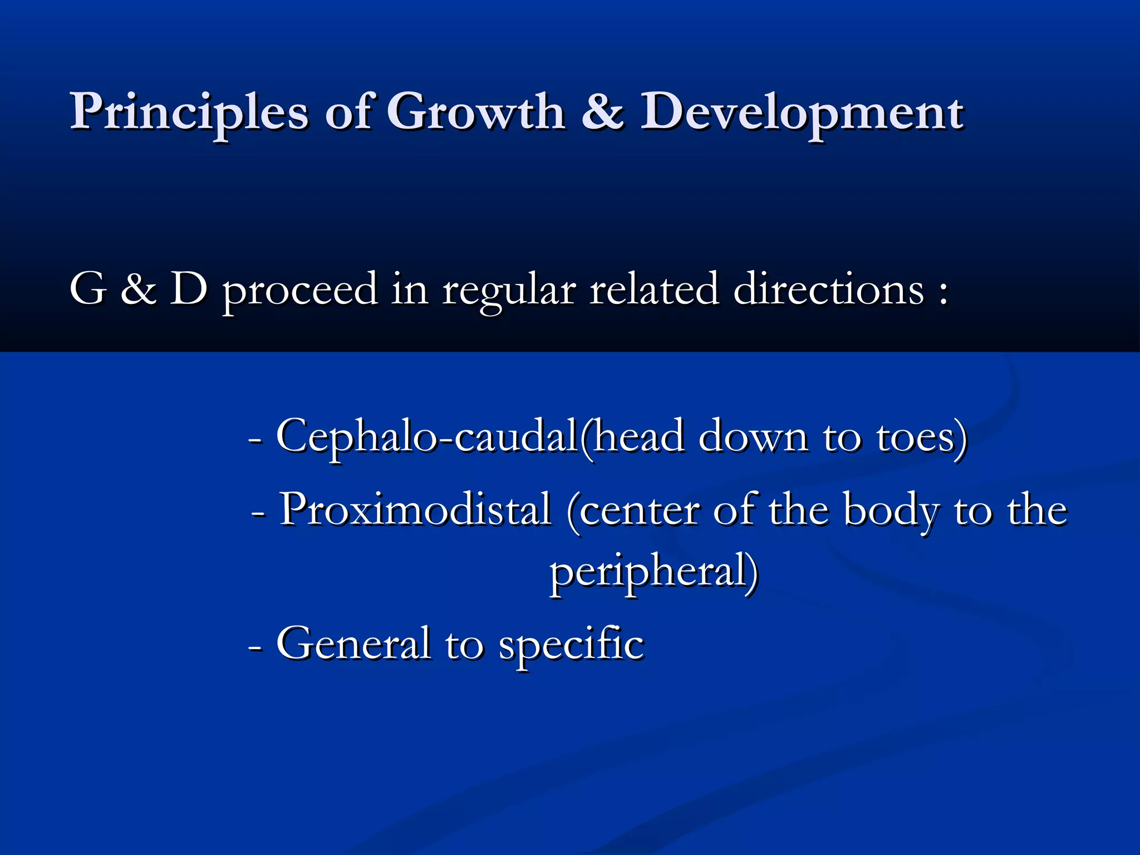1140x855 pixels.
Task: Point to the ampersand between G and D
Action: coord(137,289)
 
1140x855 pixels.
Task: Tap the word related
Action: coord(653,289)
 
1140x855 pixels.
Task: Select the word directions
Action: coord(828,289)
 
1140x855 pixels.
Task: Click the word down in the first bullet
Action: coord(753,436)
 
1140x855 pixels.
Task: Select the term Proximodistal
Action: coord(415,509)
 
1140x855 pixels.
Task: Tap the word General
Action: coord(353,643)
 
